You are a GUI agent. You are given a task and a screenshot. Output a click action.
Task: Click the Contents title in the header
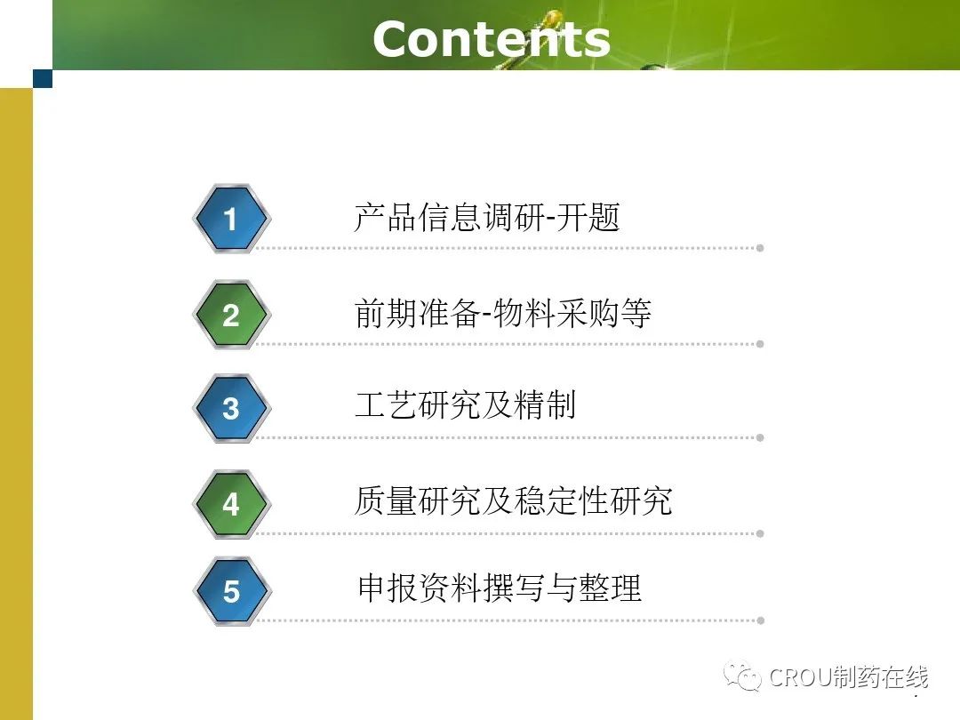[x=491, y=39]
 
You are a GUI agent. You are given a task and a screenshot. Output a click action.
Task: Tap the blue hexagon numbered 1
[x=231, y=219]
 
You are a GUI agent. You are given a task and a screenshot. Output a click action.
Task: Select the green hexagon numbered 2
[x=231, y=315]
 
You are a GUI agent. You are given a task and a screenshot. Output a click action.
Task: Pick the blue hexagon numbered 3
[x=231, y=408]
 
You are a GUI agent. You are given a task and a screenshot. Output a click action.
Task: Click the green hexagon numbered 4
[x=231, y=505]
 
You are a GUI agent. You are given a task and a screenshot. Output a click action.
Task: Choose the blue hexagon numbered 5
[x=231, y=591]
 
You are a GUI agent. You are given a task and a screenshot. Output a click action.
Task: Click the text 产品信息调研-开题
[x=487, y=218]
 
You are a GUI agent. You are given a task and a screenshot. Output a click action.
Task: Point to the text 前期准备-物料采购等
[x=502, y=313]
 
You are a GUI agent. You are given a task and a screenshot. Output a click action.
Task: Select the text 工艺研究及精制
[x=465, y=405]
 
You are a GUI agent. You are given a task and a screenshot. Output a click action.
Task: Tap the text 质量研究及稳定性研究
[x=513, y=500]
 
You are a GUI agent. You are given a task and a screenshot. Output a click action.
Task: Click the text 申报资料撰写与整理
[x=500, y=588]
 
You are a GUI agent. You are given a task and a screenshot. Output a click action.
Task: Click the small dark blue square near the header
[x=43, y=78]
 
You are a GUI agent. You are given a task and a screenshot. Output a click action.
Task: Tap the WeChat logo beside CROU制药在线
[x=742, y=676]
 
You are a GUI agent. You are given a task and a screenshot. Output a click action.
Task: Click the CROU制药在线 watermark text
[x=849, y=677]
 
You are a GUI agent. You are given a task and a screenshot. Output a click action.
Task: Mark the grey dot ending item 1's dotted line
[x=760, y=248]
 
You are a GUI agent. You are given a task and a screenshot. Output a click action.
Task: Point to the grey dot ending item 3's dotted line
[x=760, y=437]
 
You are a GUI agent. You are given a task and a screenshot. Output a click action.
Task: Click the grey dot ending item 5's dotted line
[x=760, y=620]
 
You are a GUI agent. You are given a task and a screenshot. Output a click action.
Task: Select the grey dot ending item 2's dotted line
[x=760, y=344]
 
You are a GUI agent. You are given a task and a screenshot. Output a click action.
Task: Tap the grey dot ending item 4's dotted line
[x=760, y=534]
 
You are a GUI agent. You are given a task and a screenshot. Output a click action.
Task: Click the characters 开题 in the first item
[x=588, y=218]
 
